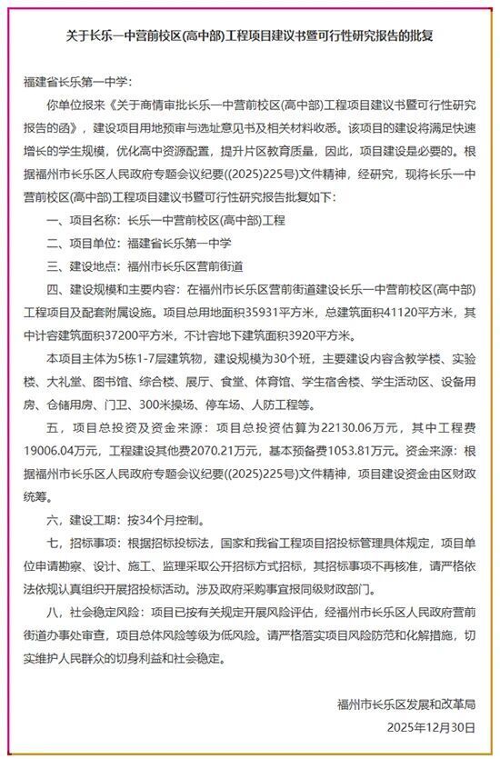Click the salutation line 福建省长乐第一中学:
75,83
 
